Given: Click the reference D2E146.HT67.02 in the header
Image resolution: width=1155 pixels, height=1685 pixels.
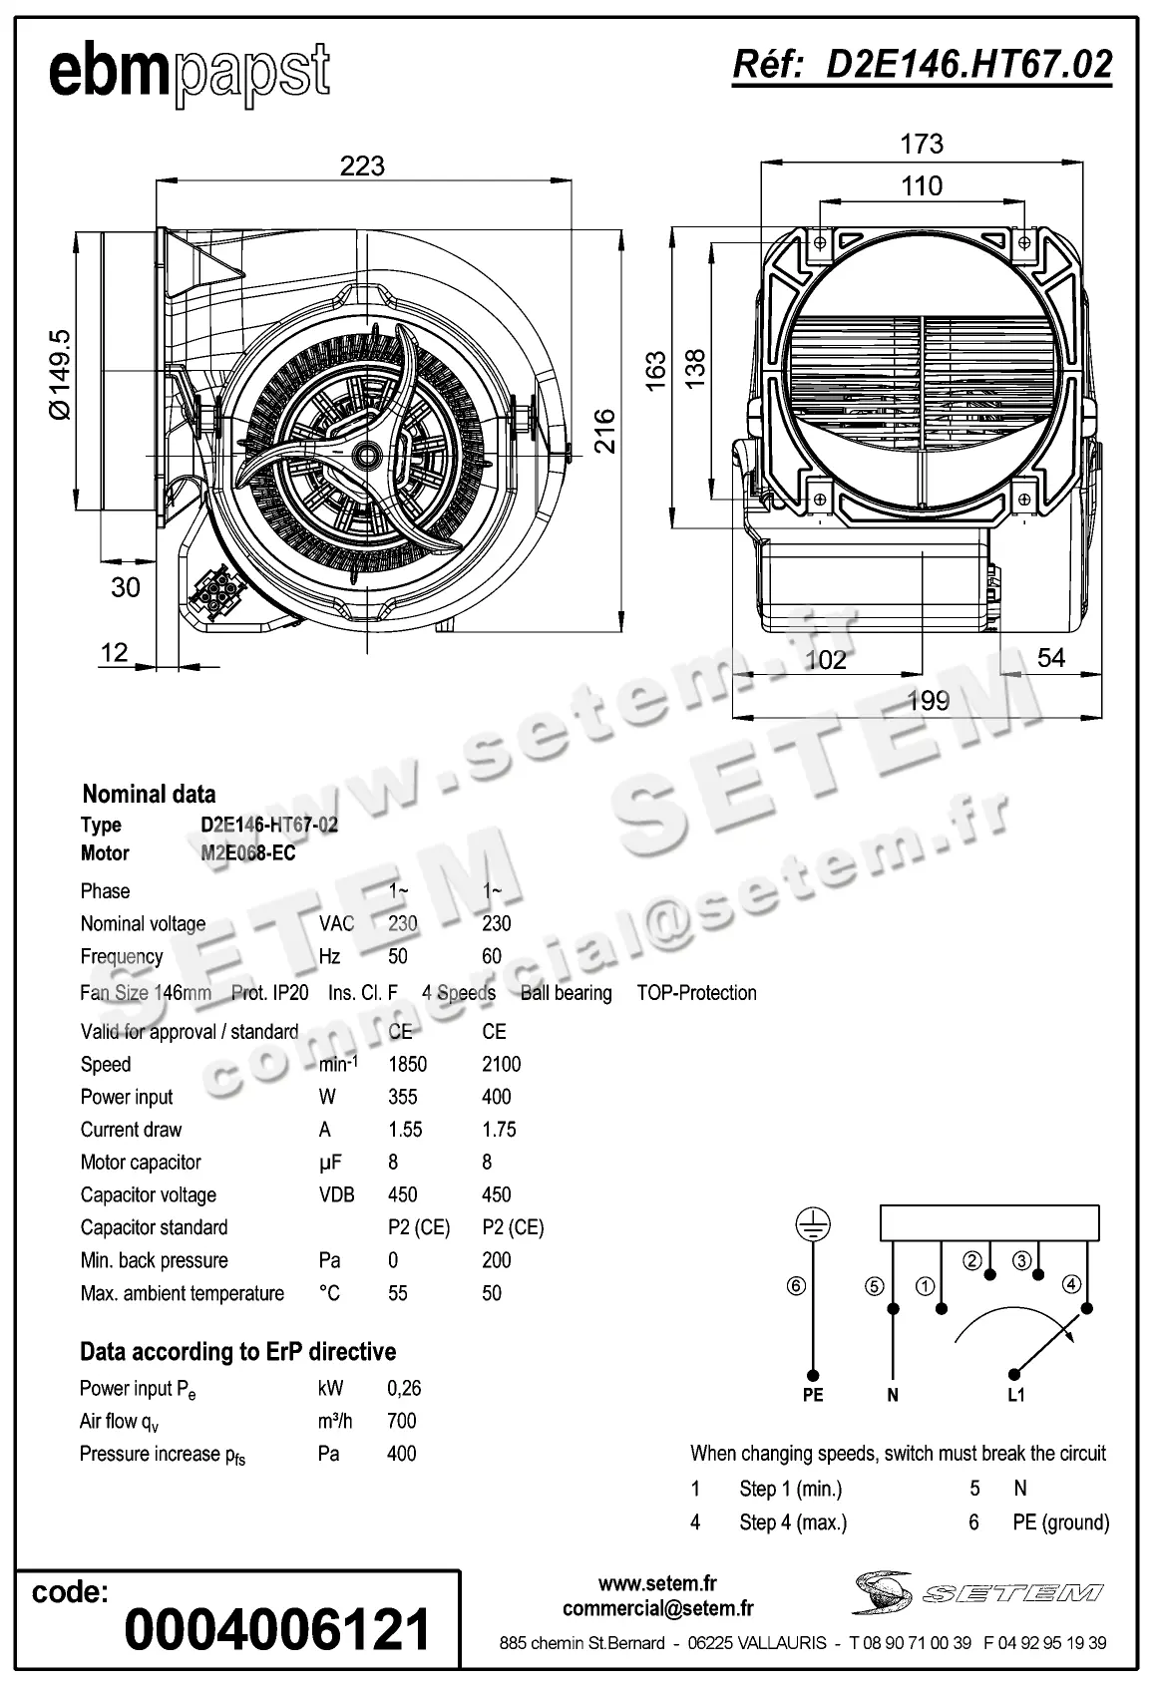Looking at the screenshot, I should (x=922, y=65).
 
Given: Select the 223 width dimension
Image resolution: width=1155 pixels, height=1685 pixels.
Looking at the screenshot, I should (x=362, y=166).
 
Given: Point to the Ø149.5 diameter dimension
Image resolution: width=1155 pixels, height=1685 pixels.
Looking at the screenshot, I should (x=60, y=374).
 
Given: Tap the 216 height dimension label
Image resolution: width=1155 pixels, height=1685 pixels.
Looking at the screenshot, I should (x=604, y=430).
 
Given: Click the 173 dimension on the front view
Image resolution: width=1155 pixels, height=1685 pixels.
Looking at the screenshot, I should (x=921, y=144).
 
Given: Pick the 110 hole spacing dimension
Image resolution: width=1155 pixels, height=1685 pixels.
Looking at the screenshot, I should (x=921, y=185).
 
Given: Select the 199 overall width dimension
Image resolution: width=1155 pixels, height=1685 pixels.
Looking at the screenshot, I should (x=928, y=701).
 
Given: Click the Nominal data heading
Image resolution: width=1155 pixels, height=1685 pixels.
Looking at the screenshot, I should (x=149, y=795).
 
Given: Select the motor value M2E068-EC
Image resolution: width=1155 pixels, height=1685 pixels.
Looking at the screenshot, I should (x=248, y=853).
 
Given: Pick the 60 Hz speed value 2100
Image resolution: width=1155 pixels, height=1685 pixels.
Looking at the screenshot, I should (x=501, y=1064).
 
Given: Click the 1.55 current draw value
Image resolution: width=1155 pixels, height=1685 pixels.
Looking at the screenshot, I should (x=405, y=1130).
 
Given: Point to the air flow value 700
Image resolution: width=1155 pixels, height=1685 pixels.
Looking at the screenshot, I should (x=401, y=1421).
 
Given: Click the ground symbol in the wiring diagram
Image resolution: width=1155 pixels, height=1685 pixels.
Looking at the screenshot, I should (x=813, y=1225).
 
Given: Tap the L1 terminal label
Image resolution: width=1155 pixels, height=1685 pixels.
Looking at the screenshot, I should (x=1015, y=1395).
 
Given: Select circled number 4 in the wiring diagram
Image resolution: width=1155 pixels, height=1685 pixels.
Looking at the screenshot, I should (x=1071, y=1284).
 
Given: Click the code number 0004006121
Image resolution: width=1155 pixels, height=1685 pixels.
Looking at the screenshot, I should (x=277, y=1629).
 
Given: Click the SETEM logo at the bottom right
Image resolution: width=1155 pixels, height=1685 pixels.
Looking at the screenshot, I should (x=976, y=1592).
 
